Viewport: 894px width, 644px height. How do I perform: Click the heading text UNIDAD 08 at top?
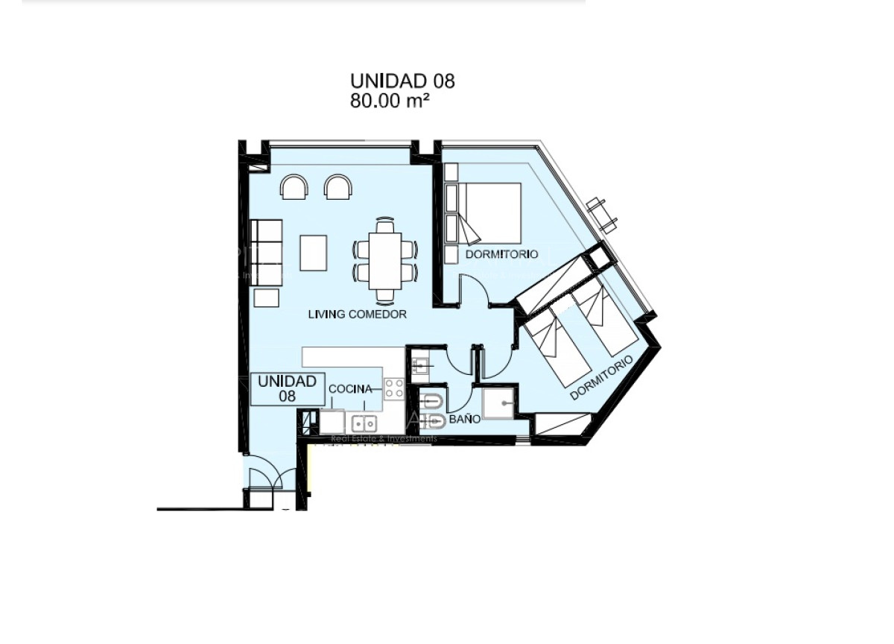click(402, 81)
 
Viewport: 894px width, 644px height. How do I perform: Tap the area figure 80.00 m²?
click(390, 102)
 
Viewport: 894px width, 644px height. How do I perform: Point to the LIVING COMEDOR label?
click(358, 315)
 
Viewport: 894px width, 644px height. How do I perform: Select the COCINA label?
click(350, 389)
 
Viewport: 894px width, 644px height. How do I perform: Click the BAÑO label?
click(465, 420)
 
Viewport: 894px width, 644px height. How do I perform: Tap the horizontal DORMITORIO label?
click(501, 254)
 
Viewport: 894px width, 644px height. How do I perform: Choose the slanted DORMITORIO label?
click(601, 378)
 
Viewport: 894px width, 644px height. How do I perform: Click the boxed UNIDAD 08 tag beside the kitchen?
click(288, 389)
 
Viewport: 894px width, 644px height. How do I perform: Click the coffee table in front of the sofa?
click(313, 253)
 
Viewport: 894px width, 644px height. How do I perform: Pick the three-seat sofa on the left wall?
click(267, 253)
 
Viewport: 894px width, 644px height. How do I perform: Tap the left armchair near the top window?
click(294, 187)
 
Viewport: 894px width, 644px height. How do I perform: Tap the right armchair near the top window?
click(338, 187)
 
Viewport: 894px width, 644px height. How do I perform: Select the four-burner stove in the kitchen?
click(393, 388)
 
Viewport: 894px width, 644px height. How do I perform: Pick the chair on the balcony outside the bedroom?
click(601, 213)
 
